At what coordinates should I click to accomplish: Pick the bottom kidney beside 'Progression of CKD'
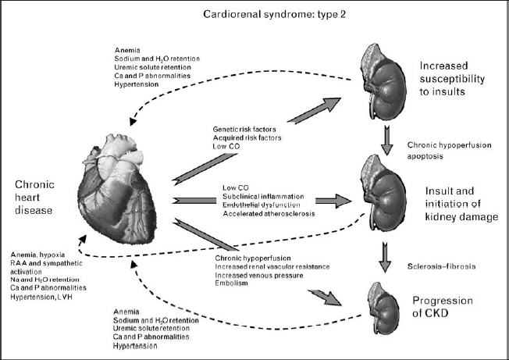point(389,306)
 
